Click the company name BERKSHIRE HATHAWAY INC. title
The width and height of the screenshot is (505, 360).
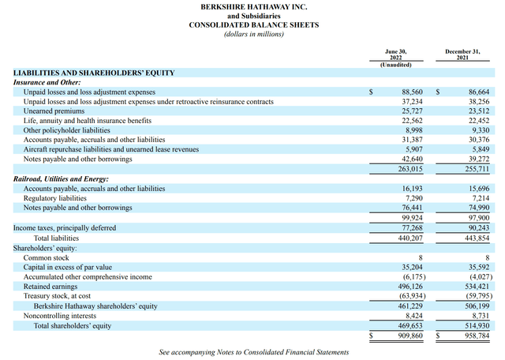click(x=252, y=6)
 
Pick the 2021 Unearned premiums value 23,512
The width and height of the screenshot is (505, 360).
click(x=474, y=111)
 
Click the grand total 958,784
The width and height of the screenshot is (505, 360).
click(x=473, y=335)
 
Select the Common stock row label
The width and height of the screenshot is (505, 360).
click(x=47, y=257)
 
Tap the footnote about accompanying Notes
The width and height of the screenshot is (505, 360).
click(x=252, y=352)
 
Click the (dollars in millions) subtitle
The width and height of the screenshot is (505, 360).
click(x=252, y=34)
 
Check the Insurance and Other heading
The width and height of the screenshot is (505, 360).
click(x=46, y=82)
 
